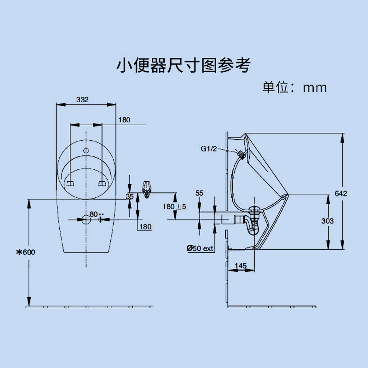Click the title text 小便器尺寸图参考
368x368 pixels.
click(183, 65)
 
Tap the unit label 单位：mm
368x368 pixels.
click(294, 87)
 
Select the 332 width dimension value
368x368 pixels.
click(82, 99)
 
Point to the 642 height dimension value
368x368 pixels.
click(341, 193)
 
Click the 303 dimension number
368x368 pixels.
click(327, 221)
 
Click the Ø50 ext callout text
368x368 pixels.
click(201, 248)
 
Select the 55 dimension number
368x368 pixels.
click(199, 193)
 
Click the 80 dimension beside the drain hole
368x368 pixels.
click(94, 214)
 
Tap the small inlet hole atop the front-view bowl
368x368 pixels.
click(86, 150)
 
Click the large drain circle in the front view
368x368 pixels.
click(86, 219)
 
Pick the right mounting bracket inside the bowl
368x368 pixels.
click(102, 184)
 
